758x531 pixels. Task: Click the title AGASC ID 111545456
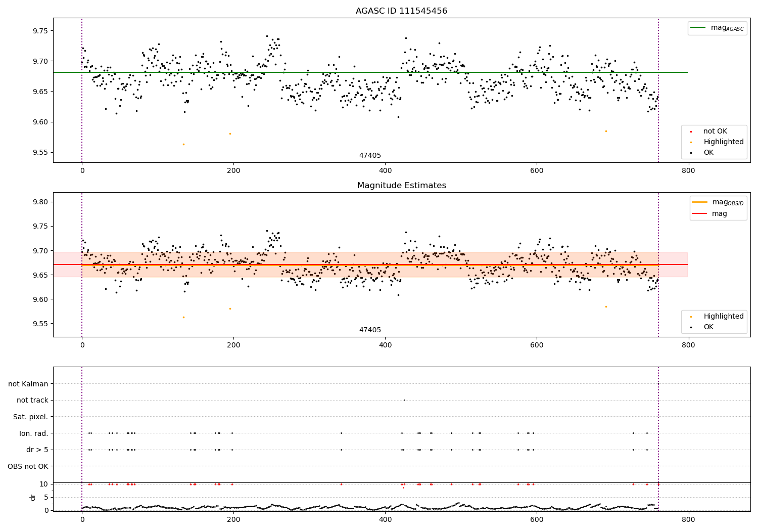pyautogui.click(x=401, y=11)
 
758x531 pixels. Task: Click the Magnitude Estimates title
pyautogui.click(x=401, y=186)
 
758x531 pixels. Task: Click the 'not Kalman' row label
pyautogui.click(x=28, y=384)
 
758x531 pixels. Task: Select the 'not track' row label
pyautogui.click(x=32, y=400)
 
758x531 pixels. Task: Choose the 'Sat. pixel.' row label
pyautogui.click(x=31, y=417)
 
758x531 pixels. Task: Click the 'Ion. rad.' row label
pyautogui.click(x=34, y=433)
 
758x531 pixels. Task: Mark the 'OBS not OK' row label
pyautogui.click(x=28, y=466)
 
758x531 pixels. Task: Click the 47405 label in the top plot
pyautogui.click(x=370, y=156)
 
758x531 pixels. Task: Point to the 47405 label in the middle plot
pyautogui.click(x=370, y=330)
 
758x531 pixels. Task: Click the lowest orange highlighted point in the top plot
pyautogui.click(x=183, y=144)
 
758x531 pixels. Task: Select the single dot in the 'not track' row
pyautogui.click(x=404, y=400)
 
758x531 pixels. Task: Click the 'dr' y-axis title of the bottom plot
pyautogui.click(x=33, y=497)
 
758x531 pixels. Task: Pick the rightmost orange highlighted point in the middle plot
pyautogui.click(x=606, y=306)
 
